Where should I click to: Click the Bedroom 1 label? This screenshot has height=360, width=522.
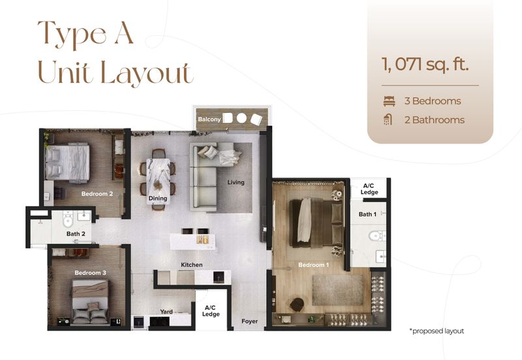[x=313, y=265]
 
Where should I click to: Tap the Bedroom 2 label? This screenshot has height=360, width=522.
[x=97, y=194]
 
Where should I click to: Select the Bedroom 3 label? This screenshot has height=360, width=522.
[x=90, y=273]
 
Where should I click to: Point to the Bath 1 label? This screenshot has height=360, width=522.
[x=367, y=214]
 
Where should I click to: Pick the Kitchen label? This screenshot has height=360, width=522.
[x=191, y=265]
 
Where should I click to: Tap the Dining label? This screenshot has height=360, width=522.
[x=158, y=198]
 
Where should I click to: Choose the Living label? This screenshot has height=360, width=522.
[x=236, y=183]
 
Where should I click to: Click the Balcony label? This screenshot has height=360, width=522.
[x=209, y=119]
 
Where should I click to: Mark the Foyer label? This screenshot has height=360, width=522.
[x=249, y=321]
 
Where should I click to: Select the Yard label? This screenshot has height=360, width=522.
[x=166, y=312]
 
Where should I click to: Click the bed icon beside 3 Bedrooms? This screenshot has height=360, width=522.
[x=390, y=101]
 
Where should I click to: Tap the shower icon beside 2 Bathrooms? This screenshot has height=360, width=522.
[x=390, y=120]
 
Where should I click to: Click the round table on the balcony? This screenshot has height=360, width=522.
[x=241, y=119]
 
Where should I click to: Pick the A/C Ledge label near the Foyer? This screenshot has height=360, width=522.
[x=210, y=310]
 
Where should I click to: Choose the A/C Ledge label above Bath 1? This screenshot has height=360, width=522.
[x=369, y=188]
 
